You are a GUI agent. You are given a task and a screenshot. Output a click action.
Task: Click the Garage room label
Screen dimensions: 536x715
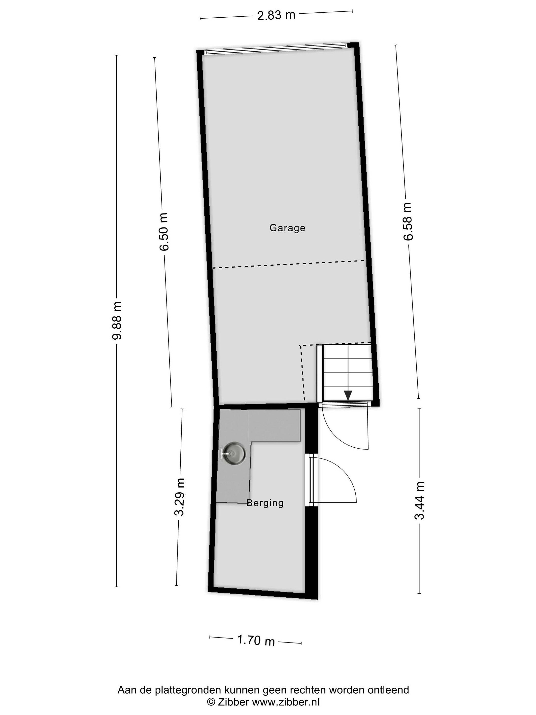tap(287, 228)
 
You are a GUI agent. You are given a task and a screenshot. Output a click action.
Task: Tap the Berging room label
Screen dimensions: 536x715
tap(265, 503)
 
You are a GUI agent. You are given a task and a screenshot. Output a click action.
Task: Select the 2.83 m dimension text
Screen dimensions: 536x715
tap(276, 15)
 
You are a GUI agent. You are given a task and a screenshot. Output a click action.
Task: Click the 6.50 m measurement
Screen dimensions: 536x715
tap(164, 232)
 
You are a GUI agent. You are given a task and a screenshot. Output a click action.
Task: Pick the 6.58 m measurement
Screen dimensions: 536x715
tap(408, 221)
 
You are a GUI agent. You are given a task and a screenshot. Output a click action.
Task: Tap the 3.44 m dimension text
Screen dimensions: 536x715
tap(419, 500)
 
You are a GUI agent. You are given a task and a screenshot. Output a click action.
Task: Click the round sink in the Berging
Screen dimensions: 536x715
tap(234, 454)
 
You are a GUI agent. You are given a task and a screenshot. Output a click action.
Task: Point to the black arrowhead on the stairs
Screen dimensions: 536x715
tap(348, 395)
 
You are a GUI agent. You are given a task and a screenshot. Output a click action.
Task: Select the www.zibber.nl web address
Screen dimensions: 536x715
tap(285, 702)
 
